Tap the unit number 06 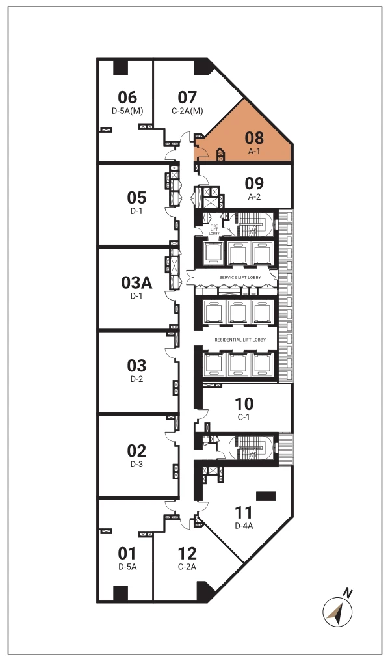[127, 98]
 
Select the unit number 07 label [187, 98]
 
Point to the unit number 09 [254, 183]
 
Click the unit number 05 [136, 198]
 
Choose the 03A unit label [136, 282]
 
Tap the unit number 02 [136, 451]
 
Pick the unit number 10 [244, 404]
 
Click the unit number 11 [244, 513]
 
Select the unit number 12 [187, 554]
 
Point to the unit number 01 [127, 554]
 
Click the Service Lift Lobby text [240, 277]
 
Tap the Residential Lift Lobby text [240, 340]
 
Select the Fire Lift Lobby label [214, 230]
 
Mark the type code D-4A [244, 526]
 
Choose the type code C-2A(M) [187, 111]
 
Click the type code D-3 [136, 464]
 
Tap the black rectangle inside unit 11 [266, 496]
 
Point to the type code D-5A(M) [127, 111]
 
